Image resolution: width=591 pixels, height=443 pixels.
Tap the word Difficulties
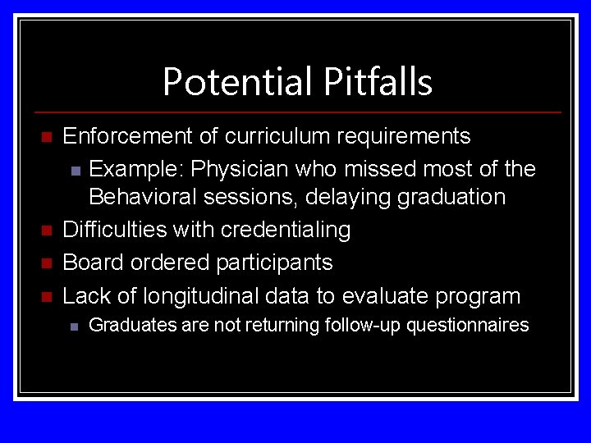[x=114, y=230]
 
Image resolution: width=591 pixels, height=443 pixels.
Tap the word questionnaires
[x=467, y=326]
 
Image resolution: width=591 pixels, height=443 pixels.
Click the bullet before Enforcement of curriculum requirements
[x=47, y=136]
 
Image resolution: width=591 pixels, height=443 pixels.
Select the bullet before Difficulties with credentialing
[x=47, y=231]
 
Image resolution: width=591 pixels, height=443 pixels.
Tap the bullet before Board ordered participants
[x=47, y=263]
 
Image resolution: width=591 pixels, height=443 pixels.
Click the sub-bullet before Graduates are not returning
[x=74, y=327]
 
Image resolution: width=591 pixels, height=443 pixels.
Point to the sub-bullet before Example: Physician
[x=76, y=171]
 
